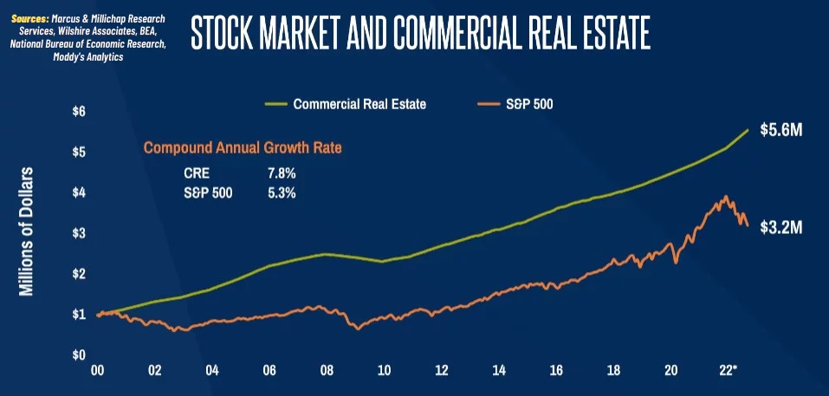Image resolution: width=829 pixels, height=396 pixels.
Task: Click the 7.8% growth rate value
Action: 282,173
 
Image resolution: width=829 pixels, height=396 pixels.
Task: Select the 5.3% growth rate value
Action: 282,193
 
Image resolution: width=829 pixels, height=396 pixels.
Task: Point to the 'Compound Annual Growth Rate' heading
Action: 243,148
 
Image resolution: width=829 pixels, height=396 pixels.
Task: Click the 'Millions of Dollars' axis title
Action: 27,232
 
